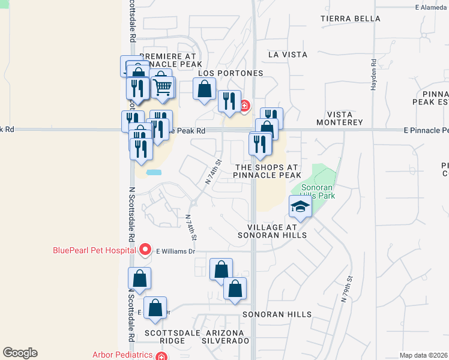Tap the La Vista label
pos(288,55)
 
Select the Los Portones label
pos(231,73)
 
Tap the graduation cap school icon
pos(300,208)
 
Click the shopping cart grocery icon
pos(162,88)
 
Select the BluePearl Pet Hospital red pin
pos(144,249)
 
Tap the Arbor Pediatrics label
pos(122,355)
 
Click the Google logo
pos(20,353)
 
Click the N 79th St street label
pos(346,288)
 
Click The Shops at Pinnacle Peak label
pos(268,172)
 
